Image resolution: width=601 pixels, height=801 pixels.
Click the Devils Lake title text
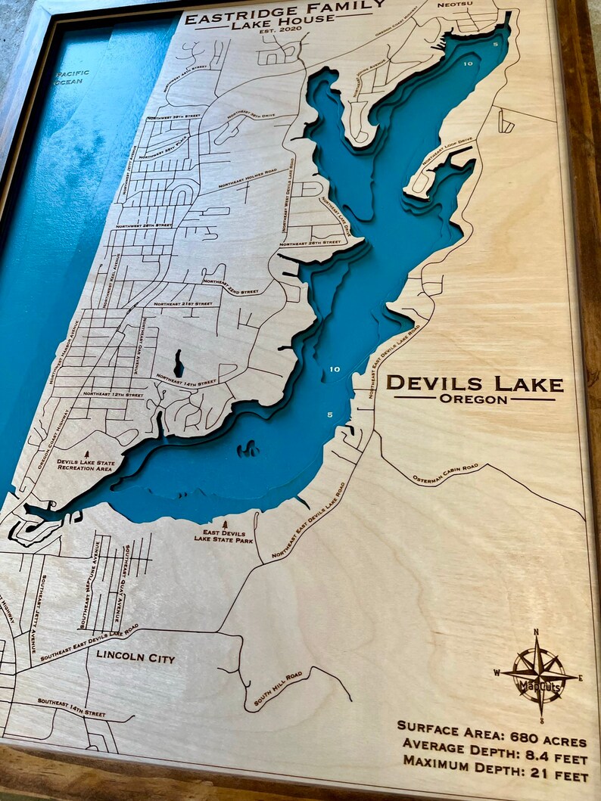point(475,384)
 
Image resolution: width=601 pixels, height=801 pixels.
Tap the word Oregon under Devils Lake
point(474,399)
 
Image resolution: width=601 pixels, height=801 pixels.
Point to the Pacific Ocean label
point(72,77)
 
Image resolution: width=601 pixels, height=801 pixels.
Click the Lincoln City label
point(135,658)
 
